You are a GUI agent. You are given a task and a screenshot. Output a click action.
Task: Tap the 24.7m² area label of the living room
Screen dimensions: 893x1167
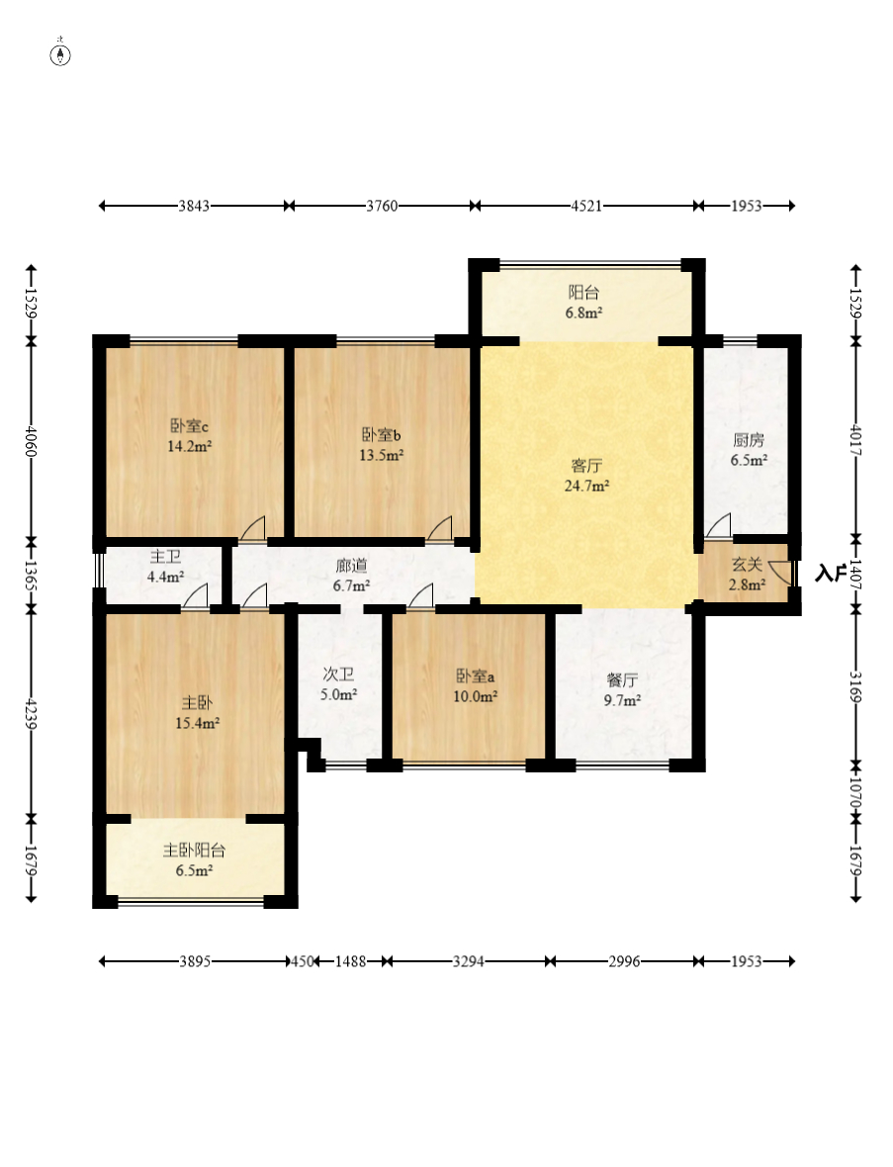tap(587, 486)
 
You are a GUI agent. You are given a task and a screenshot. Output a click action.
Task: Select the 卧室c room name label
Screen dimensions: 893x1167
tap(189, 426)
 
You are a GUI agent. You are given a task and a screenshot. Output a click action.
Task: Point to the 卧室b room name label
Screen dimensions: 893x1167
tap(382, 434)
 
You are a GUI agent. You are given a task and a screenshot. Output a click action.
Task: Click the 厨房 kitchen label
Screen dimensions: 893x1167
tap(749, 440)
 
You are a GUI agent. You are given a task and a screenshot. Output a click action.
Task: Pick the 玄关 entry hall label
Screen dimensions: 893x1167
tap(748, 565)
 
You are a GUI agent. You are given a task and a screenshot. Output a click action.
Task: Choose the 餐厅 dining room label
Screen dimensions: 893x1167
tap(622, 680)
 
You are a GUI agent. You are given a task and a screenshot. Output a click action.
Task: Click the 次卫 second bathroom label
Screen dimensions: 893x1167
tap(338, 674)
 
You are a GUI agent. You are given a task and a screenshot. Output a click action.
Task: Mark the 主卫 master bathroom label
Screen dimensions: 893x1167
tap(165, 557)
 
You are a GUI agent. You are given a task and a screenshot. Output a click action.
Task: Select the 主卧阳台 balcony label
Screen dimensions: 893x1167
tap(194, 850)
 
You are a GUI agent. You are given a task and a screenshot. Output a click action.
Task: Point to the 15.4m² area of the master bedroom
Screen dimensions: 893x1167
tap(197, 723)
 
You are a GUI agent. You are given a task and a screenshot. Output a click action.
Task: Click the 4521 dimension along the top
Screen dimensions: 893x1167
tap(586, 206)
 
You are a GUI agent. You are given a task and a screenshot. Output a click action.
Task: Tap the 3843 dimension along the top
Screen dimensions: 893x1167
tap(194, 206)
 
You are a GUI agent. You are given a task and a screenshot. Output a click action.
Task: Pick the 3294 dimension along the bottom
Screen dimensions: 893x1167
tap(469, 961)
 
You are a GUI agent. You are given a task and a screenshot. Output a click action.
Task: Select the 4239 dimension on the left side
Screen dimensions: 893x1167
tap(31, 713)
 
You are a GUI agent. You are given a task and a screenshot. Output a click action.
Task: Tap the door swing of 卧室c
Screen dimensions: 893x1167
tap(252, 528)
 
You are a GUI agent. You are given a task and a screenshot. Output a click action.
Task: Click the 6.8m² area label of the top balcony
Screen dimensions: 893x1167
tap(583, 314)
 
